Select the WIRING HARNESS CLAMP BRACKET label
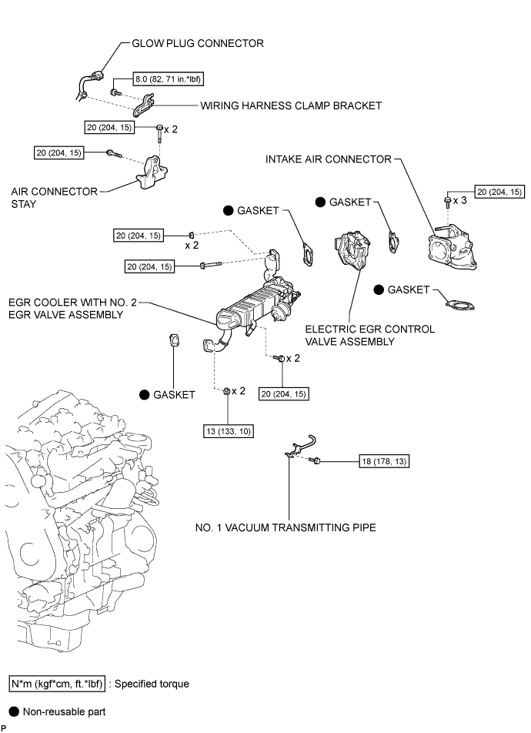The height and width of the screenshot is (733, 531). point(290,105)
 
